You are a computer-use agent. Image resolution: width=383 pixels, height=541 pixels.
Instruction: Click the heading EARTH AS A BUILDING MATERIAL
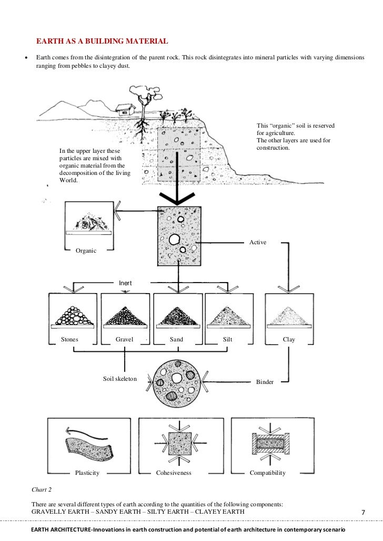[102, 41]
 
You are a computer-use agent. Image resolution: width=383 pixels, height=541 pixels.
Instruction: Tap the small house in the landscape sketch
[124, 109]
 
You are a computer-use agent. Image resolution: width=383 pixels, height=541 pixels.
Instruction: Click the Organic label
[86, 251]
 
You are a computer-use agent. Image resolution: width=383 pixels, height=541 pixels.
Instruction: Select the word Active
[258, 242]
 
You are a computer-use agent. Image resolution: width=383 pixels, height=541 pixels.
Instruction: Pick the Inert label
[125, 283]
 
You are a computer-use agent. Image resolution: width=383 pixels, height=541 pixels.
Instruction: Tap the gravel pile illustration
[125, 316]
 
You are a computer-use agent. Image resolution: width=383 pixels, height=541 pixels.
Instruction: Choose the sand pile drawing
[177, 316]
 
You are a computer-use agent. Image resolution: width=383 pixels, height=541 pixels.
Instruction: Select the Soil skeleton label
[120, 379]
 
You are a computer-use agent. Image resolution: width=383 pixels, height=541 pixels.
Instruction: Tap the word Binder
[265, 382]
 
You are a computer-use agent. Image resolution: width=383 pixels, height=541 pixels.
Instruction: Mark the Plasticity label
[87, 473]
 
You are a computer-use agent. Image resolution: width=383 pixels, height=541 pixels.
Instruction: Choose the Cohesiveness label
[174, 473]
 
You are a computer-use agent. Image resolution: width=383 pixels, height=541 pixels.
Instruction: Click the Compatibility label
[267, 473]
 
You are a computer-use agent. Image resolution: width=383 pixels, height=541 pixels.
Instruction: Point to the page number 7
[363, 512]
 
